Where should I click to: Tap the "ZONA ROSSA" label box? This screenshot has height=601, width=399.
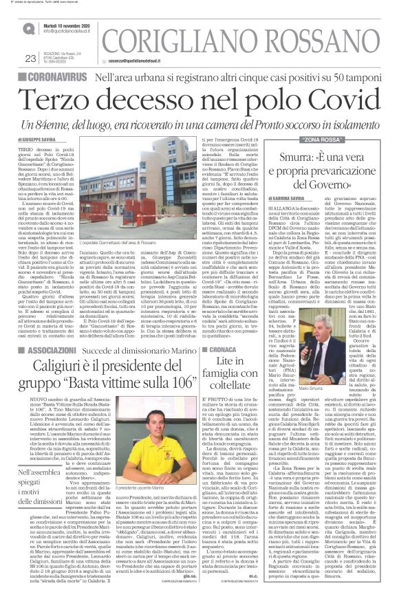[x=323, y=140]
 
